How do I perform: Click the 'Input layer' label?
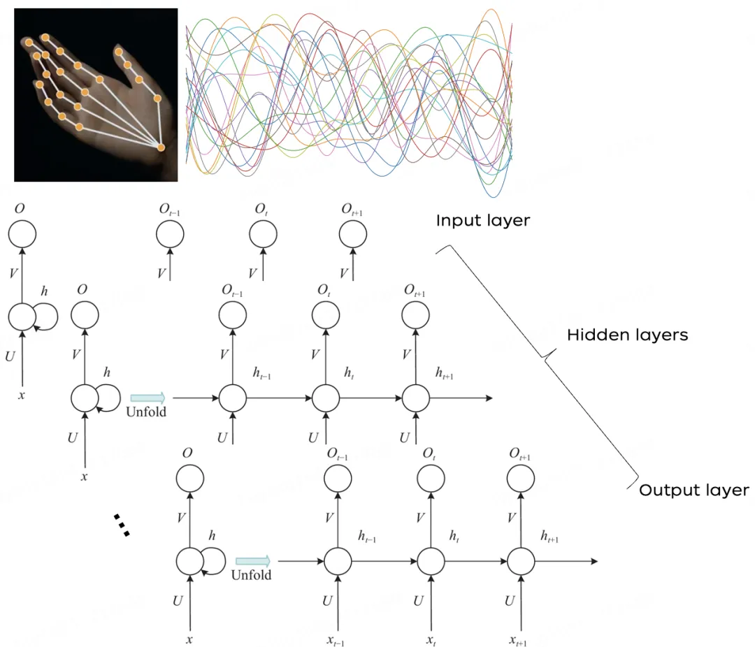tap(483, 221)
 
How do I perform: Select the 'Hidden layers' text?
tap(627, 335)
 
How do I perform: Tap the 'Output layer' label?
tap(693, 490)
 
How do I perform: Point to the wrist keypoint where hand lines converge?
tap(161, 147)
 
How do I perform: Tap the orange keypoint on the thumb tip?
tap(120, 52)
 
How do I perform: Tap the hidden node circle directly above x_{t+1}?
tap(521, 561)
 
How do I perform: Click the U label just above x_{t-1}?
tap(327, 601)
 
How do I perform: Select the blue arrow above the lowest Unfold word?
tap(252, 561)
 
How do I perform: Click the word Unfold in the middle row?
tap(146, 412)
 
